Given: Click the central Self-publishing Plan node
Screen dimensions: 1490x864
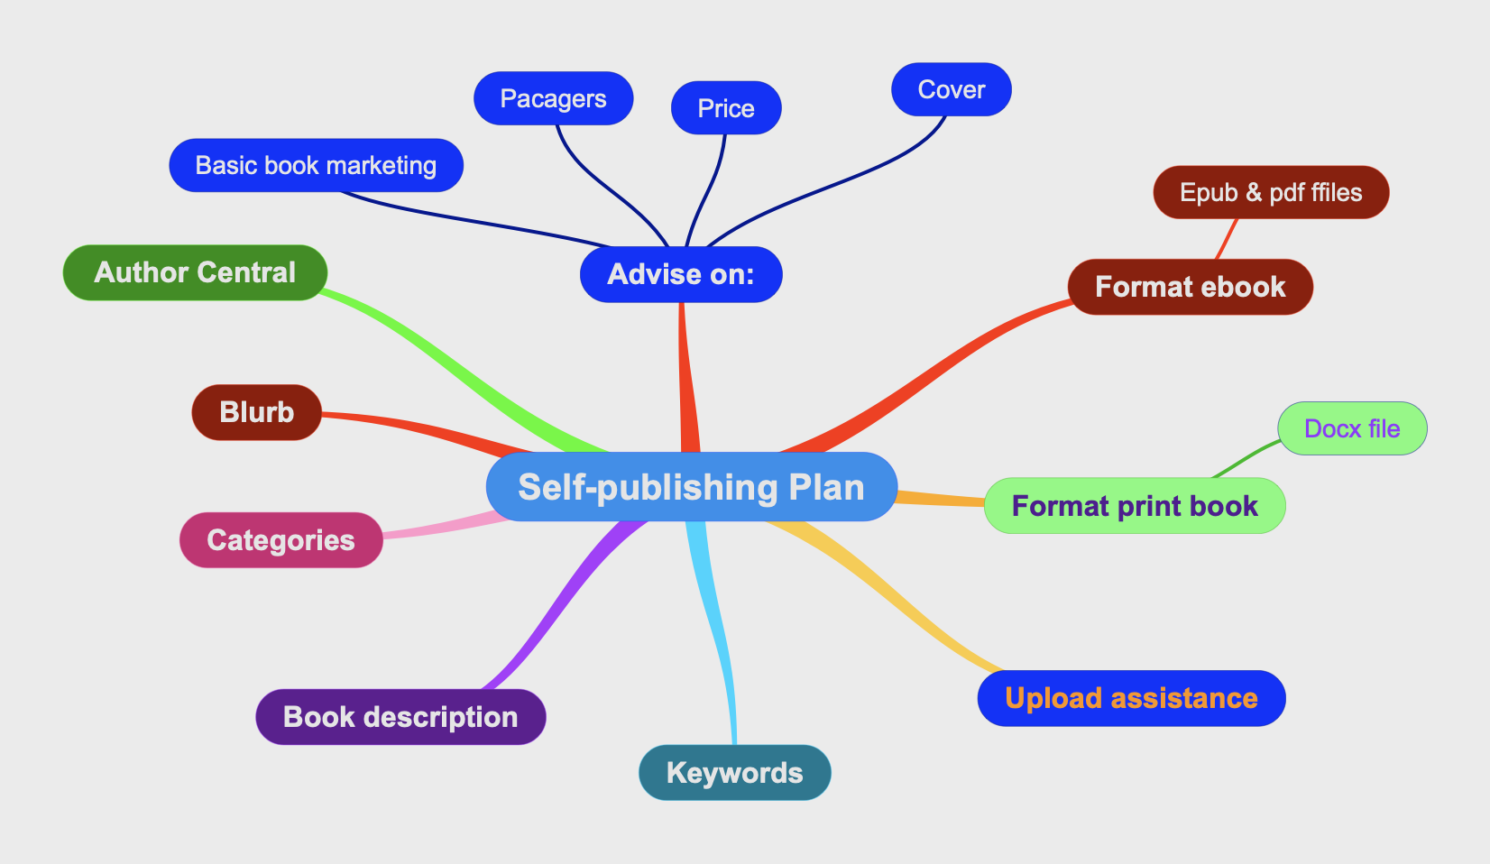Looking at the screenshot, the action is (x=692, y=486).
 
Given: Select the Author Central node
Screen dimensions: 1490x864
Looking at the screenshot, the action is (x=195, y=272).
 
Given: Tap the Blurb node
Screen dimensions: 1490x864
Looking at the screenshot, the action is (x=257, y=412).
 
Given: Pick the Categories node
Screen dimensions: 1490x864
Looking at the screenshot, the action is (x=281, y=540).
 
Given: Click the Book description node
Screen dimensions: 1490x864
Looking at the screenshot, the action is (x=400, y=717).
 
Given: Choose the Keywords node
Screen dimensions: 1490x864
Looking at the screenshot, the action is (x=735, y=773).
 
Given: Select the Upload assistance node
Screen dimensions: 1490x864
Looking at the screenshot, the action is (x=1131, y=698).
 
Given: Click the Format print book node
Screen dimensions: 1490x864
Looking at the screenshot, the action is (x=1135, y=505).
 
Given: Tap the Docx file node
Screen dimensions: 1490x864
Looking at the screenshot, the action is (x=1352, y=428).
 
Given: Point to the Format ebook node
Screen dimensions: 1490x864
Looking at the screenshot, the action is (x=1190, y=287).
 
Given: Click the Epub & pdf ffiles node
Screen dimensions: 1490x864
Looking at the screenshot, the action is (x=1271, y=192).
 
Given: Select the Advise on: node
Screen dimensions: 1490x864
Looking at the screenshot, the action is (x=681, y=274).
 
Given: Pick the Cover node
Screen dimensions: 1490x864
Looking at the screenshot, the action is (x=952, y=90).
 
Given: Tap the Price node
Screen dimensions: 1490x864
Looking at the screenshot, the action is (x=726, y=107).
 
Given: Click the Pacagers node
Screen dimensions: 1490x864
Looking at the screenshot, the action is (x=554, y=98).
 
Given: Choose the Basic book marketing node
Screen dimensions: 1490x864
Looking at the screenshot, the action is (x=316, y=166).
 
